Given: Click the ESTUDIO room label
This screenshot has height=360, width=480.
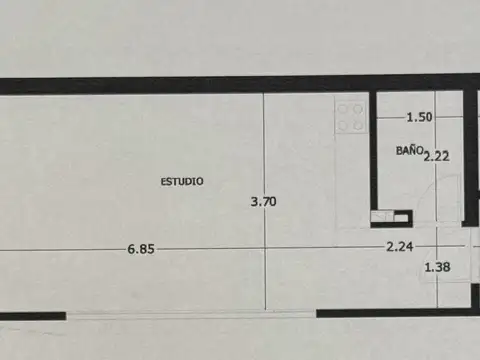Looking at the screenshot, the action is pyautogui.click(x=182, y=181).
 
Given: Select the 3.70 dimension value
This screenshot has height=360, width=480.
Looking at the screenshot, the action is pyautogui.click(x=263, y=201).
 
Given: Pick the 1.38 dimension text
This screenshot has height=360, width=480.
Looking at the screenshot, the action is pyautogui.click(x=438, y=267).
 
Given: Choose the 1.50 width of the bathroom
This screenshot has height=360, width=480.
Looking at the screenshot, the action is pyautogui.click(x=419, y=117).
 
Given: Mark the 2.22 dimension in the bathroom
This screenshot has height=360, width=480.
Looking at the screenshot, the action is pyautogui.click(x=436, y=155).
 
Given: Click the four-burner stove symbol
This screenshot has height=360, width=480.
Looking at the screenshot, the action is pyautogui.click(x=351, y=116).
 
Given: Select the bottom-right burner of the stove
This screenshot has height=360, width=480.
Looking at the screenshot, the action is pyautogui.click(x=358, y=124).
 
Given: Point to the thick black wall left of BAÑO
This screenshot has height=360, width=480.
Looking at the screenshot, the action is pyautogui.click(x=371, y=150).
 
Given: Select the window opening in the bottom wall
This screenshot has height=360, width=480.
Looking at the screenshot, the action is pyautogui.click(x=190, y=313).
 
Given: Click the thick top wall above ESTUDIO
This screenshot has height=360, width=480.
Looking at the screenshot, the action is pyautogui.click(x=180, y=85).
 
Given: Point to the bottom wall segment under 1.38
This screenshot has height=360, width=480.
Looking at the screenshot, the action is pyautogui.click(x=400, y=312).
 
